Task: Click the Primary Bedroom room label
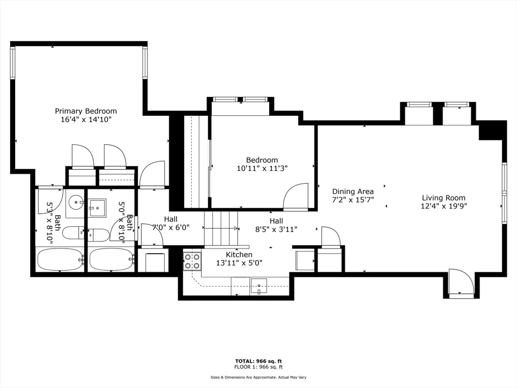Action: [86, 111]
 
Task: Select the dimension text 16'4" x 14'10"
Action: [86, 120]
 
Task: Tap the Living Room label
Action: [444, 198]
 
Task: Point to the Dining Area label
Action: [353, 191]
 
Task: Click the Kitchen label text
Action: [239, 255]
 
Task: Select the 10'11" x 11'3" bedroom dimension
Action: [263, 168]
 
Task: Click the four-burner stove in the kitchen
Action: [192, 261]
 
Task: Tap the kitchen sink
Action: [258, 286]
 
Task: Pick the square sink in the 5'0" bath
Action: [97, 207]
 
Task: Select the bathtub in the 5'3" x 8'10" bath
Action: [60, 260]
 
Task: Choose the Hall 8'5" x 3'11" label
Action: [276, 225]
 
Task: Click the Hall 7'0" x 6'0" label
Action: [171, 223]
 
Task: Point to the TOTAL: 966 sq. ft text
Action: [258, 361]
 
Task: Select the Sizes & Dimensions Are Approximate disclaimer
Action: [258, 377]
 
